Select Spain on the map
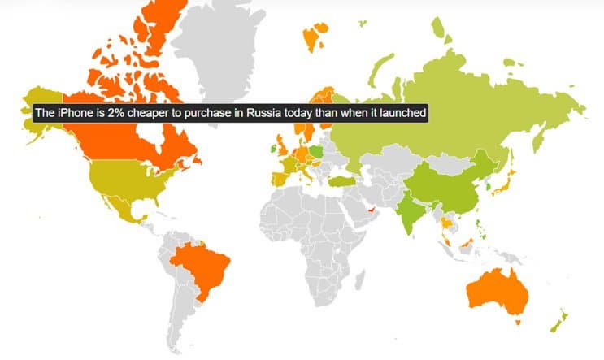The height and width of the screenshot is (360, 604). (281, 178)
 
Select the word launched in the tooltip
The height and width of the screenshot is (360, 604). (401, 112)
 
